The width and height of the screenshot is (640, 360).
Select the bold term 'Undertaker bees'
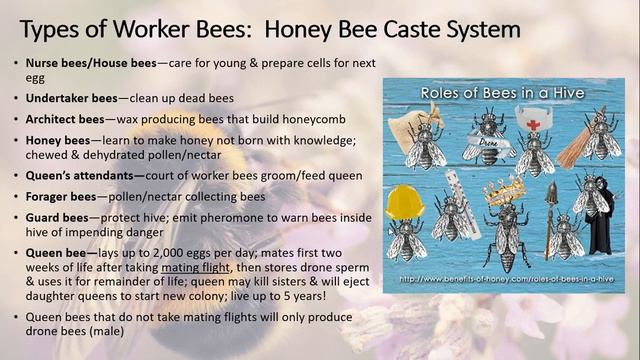[x=73, y=98]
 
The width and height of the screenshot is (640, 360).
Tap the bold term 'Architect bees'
[x=68, y=119]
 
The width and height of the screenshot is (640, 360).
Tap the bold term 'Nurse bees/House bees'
[x=91, y=64]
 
